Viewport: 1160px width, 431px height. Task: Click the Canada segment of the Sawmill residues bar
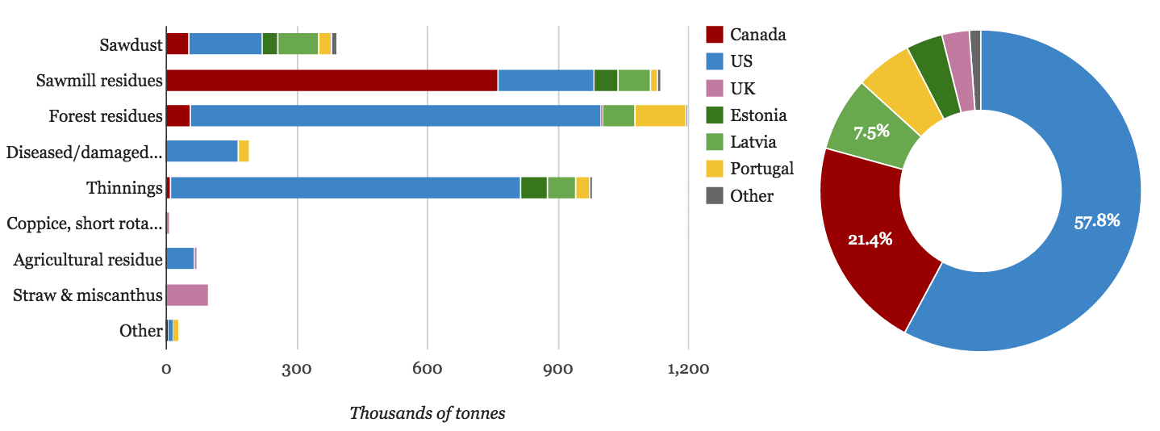(332, 80)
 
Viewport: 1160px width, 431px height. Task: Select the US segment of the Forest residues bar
(395, 116)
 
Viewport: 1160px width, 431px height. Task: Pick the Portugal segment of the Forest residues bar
(660, 116)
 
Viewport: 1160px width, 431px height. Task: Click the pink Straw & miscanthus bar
(187, 295)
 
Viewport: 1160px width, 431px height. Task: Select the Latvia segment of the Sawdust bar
(298, 44)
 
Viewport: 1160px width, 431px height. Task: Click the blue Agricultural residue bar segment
(180, 259)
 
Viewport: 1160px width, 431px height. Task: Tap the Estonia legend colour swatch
(715, 115)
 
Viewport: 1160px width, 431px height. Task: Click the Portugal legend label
(762, 169)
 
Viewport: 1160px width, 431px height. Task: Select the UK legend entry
(742, 88)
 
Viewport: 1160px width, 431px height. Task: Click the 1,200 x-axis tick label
(688, 370)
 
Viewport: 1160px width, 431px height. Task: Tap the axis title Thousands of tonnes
(428, 413)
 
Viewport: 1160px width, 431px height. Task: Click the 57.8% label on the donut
(1097, 220)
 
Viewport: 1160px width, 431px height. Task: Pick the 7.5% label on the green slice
(871, 132)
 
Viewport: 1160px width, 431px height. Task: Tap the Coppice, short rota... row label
(85, 224)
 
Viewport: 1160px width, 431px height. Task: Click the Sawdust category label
(131, 44)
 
